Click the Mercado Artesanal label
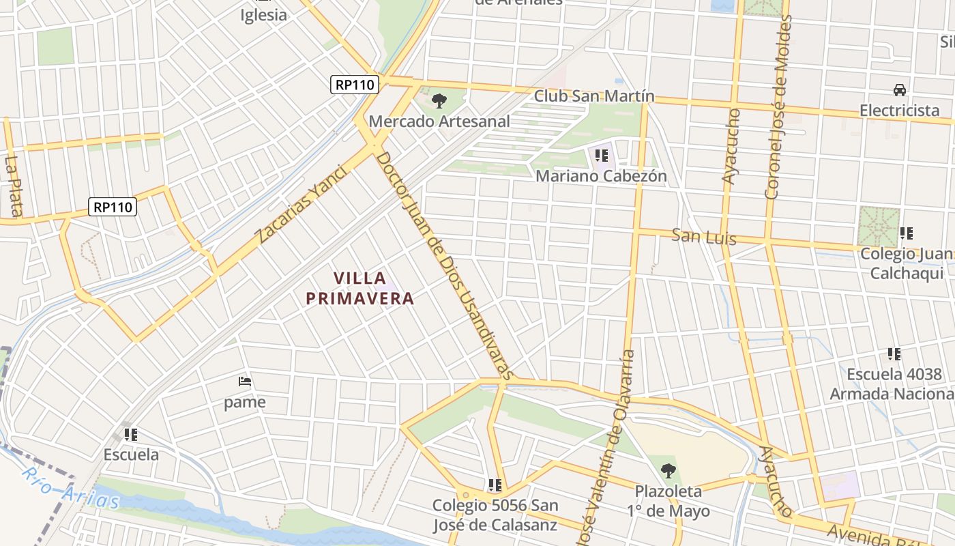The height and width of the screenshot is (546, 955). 439,121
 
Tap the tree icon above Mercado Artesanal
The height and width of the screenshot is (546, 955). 439,101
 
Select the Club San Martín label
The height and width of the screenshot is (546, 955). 593,96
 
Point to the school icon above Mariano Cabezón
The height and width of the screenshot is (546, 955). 601,156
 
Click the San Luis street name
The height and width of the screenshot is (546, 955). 704,237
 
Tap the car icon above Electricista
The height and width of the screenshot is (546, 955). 900,90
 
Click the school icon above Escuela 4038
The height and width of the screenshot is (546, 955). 894,354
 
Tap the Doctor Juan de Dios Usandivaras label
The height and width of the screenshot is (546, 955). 443,265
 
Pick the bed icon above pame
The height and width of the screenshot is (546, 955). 245,382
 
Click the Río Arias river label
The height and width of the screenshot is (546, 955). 70,489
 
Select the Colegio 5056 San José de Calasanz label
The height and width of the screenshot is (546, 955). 495,515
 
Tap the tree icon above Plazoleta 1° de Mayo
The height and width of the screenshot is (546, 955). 668,470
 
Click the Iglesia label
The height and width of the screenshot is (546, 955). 264,14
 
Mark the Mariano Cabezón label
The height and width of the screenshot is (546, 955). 601,176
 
